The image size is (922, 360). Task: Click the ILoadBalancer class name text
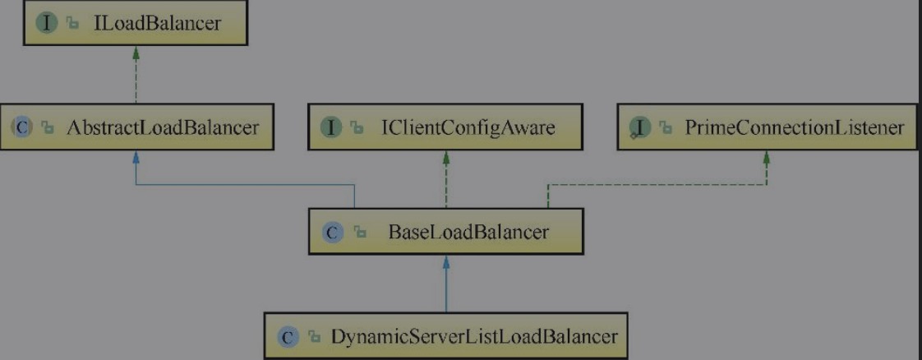coord(157,23)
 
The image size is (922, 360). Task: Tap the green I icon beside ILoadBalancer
coord(47,23)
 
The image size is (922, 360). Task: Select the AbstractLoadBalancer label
coord(162,127)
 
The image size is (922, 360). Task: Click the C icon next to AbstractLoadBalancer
coord(21,127)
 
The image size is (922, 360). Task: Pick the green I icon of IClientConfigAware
coord(332,127)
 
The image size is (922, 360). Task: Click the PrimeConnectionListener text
coord(794,127)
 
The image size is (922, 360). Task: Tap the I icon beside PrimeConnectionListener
coord(640,127)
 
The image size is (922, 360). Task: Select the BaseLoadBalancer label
coord(468,232)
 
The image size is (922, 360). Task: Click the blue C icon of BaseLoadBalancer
coord(332,233)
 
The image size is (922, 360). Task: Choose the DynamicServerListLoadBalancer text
coord(474,336)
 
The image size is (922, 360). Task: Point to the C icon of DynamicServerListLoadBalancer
coord(287,337)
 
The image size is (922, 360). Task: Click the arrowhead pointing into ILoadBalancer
coord(136,53)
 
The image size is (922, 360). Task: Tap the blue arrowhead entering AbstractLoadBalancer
coord(136,157)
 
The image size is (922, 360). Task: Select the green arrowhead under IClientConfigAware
coord(445,157)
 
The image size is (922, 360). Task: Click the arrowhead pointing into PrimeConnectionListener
coord(766,157)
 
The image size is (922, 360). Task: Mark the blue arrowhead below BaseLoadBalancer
coord(445,261)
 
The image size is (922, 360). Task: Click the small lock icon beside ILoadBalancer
coord(73,24)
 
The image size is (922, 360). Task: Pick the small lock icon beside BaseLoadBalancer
coord(361,233)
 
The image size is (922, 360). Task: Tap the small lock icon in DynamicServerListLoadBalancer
coord(315,338)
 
